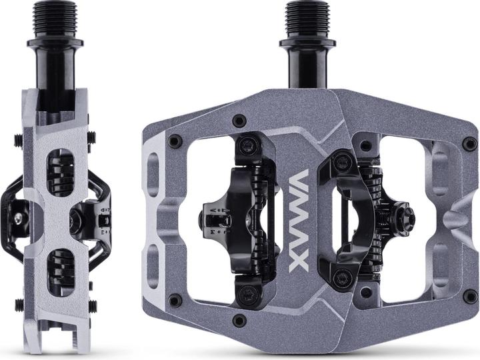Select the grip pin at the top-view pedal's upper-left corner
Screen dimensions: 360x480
click(175, 142)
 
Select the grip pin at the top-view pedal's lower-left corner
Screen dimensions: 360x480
click(175, 301)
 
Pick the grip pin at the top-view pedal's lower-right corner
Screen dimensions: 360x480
click(469, 294)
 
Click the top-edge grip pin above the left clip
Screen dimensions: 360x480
click(239, 121)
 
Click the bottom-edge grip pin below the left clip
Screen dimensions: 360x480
click(239, 321)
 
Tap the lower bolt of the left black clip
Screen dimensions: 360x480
click(249, 292)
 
